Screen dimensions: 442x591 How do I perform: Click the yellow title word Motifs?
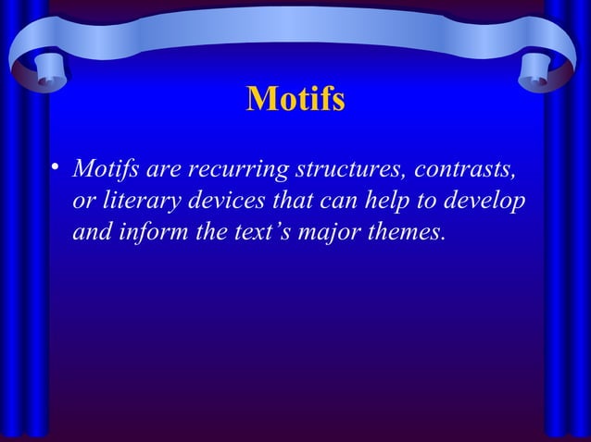click(295, 99)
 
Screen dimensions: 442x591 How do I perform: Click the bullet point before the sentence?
click(56, 168)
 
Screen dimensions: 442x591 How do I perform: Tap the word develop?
click(486, 202)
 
